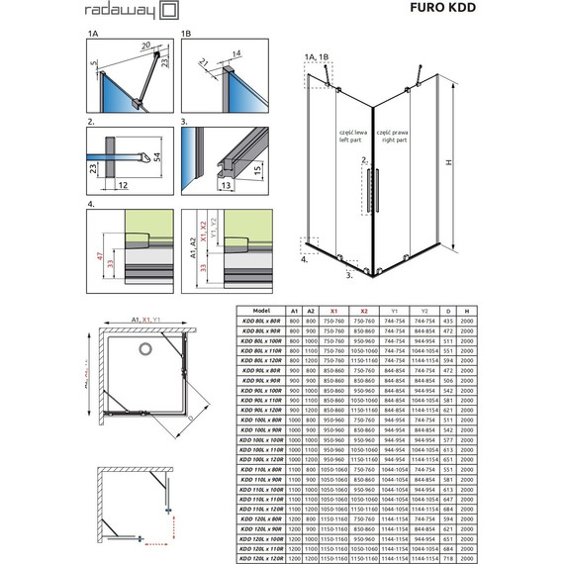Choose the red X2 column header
pyautogui.click(x=364, y=310)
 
